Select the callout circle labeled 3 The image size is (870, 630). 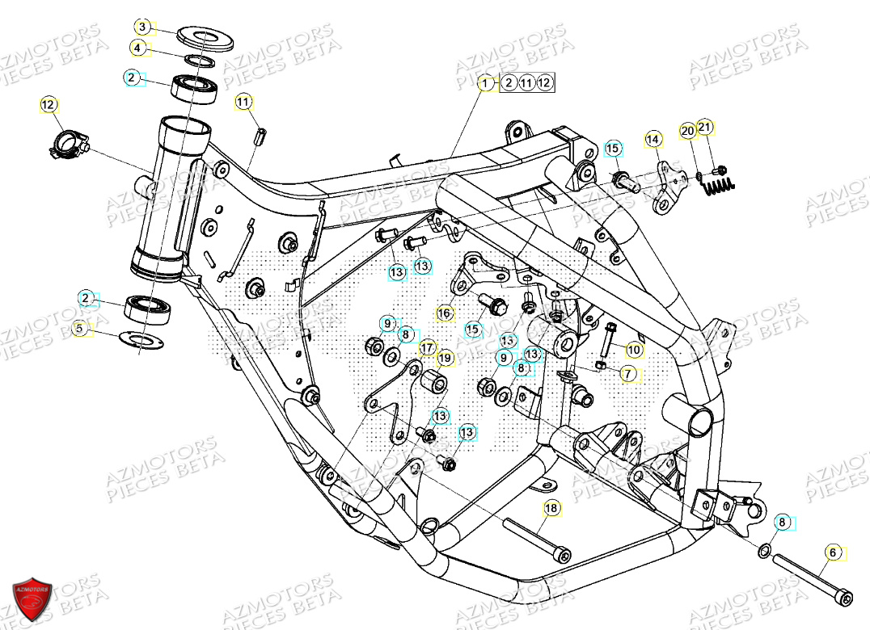[142, 27]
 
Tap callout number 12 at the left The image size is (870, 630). [49, 104]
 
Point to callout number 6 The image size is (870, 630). [833, 552]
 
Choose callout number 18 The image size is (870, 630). [551, 508]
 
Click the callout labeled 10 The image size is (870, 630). [634, 350]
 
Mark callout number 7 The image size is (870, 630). [627, 374]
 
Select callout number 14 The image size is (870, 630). [652, 140]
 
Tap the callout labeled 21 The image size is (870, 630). [705, 128]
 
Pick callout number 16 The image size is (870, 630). [444, 313]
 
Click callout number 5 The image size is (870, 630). [79, 328]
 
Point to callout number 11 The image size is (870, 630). [244, 101]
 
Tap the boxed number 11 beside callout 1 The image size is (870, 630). [526, 82]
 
